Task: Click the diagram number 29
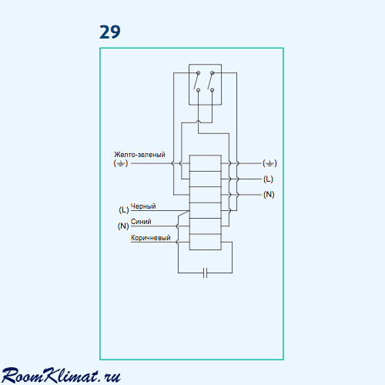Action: click(110, 32)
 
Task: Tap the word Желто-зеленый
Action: click(139, 155)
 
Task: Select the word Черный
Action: click(143, 206)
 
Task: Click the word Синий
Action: click(141, 222)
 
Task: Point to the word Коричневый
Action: click(151, 238)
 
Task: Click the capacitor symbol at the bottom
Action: click(205, 273)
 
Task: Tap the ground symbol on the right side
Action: click(269, 163)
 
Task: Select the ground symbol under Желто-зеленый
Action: click(121, 163)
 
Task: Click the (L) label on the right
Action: click(268, 179)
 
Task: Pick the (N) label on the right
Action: click(269, 195)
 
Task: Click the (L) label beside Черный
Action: click(124, 210)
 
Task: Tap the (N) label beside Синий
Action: click(123, 226)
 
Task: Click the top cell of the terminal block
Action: click(206, 163)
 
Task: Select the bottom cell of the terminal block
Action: click(206, 242)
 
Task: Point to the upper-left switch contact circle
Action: click(198, 73)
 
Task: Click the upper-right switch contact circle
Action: click(212, 73)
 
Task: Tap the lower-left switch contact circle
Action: click(198, 90)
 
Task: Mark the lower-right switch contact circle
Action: click(212, 90)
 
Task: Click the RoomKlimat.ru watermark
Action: click(61, 376)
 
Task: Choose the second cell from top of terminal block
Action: click(206, 179)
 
